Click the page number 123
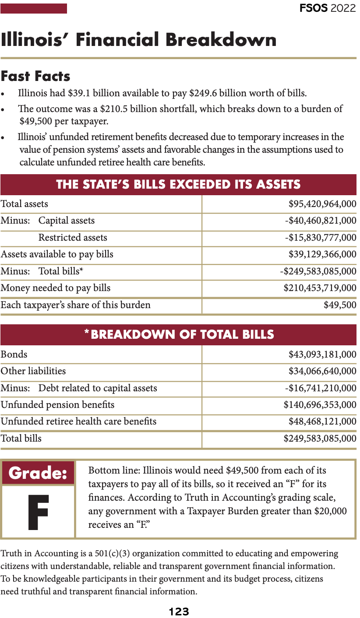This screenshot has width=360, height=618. [179, 611]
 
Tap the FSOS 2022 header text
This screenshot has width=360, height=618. [328, 8]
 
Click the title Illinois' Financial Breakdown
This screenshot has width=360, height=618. [139, 40]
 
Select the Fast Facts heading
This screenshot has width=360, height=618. [35, 76]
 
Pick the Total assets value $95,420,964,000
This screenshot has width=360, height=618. [322, 204]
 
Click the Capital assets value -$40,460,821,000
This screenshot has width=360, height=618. [321, 221]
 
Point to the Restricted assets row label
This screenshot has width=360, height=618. [73, 238]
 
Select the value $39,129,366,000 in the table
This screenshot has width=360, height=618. [322, 254]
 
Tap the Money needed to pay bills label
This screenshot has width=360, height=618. [56, 288]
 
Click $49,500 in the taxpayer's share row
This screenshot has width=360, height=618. [340, 305]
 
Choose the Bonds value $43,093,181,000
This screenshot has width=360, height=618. [322, 355]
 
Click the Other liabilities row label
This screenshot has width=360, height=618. [33, 371]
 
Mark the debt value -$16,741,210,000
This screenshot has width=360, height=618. [321, 388]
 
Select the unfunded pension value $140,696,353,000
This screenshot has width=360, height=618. [320, 405]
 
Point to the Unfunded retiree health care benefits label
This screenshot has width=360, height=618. [78, 421]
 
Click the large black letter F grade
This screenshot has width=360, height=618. [38, 512]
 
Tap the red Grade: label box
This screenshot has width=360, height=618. [38, 473]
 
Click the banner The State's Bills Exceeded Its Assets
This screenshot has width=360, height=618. [178, 184]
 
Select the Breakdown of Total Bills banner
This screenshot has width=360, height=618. [178, 335]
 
